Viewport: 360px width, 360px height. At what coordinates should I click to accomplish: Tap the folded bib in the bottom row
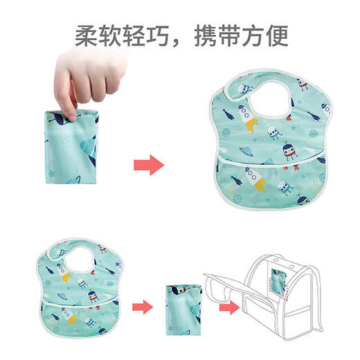181,304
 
